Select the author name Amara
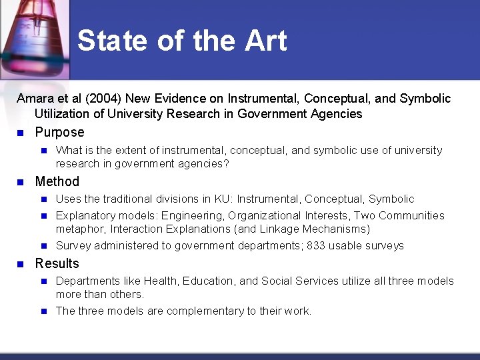[x=35, y=99]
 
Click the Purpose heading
[x=59, y=132]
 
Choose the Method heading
[x=57, y=181]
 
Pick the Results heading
[x=57, y=263]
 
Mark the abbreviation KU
[x=221, y=199]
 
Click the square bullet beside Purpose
[x=21, y=132]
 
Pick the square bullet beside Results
[x=21, y=263]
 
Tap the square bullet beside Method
[x=21, y=181]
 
